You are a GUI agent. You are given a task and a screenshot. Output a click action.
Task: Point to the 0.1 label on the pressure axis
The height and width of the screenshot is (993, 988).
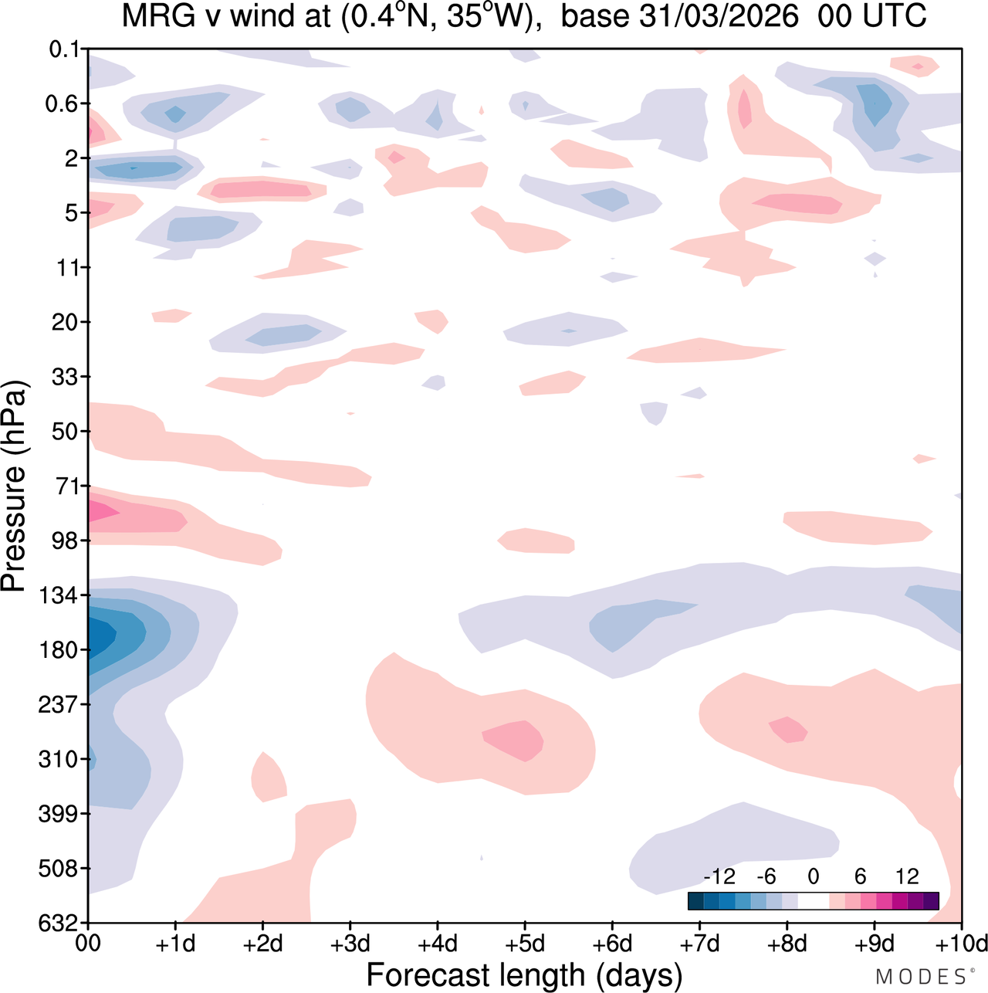[x=64, y=49]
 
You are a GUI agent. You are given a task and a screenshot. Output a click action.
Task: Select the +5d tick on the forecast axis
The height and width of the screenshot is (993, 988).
[x=525, y=944]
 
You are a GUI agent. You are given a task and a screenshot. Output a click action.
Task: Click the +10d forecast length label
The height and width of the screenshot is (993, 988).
[x=962, y=944]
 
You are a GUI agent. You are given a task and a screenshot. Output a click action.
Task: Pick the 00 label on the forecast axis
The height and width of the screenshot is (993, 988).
[x=88, y=944]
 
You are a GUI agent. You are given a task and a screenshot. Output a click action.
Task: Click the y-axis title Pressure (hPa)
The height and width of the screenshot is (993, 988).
[x=14, y=486]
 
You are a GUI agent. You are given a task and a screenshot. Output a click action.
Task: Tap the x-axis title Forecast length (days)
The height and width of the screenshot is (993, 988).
[x=525, y=974]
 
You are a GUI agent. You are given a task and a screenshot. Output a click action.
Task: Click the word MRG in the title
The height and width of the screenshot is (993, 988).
[x=157, y=15]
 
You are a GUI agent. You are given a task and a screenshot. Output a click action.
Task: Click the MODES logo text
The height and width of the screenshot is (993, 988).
[x=920, y=977]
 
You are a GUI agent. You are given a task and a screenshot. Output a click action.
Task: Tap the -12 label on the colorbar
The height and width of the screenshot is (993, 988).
[x=719, y=876]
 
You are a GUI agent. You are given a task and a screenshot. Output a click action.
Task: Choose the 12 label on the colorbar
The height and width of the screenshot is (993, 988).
[x=907, y=876]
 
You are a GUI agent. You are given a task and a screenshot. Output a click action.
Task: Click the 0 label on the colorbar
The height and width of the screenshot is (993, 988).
[x=813, y=876]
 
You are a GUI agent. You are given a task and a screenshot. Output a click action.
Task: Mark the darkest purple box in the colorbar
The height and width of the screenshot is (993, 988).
[x=931, y=901]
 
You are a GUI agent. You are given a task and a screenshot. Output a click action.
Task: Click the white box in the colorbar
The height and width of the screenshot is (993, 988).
[x=813, y=901]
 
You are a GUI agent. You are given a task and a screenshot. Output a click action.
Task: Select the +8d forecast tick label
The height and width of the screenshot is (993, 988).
[x=787, y=944]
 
